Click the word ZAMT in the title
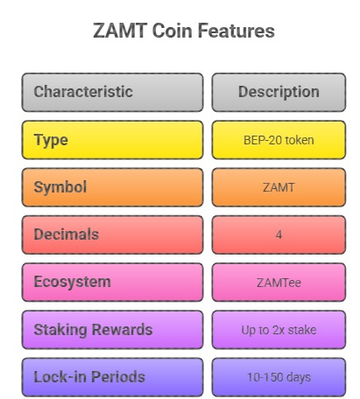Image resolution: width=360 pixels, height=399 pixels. (120, 31)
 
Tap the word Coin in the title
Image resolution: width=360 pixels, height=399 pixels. (172, 31)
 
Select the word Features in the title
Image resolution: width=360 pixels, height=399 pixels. (236, 31)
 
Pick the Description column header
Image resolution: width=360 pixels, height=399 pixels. (279, 92)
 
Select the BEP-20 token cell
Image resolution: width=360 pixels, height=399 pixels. (279, 140)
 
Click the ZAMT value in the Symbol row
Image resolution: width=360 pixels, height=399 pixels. (279, 187)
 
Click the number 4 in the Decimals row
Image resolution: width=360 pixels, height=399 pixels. (279, 234)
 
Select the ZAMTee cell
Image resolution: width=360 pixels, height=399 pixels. (279, 283)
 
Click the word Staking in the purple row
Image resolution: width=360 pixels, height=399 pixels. (60, 330)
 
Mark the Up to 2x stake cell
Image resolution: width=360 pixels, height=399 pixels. (279, 330)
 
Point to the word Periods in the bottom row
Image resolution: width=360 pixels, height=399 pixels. (118, 377)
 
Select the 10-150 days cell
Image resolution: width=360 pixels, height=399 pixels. (279, 377)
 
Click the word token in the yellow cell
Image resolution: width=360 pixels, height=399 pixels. (300, 140)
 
